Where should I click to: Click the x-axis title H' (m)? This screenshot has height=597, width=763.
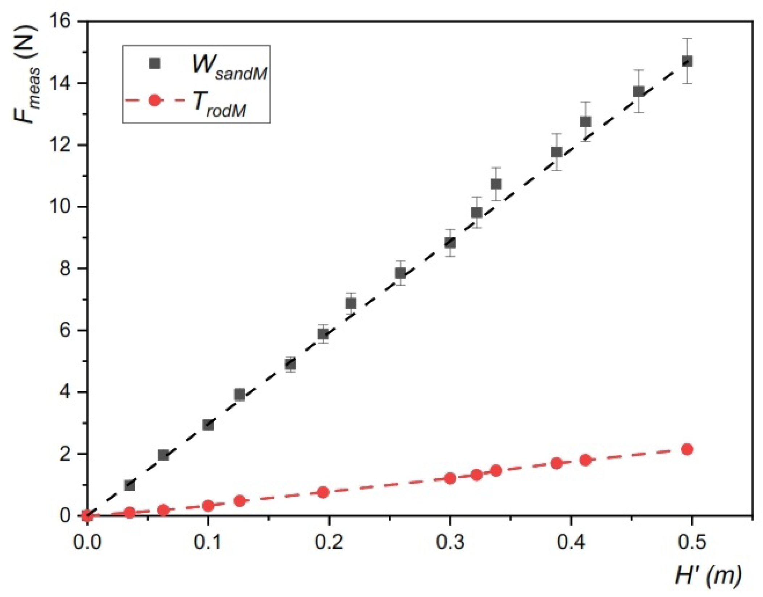pyautogui.click(x=708, y=576)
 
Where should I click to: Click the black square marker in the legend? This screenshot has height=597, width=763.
pyautogui.click(x=155, y=63)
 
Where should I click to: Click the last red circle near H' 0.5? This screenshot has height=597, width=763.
pyautogui.click(x=687, y=450)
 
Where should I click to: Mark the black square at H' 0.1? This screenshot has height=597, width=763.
pyautogui.click(x=208, y=425)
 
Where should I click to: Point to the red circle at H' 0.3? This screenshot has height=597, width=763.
pyautogui.click(x=450, y=479)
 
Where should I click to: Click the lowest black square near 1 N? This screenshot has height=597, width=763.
pyautogui.click(x=130, y=485)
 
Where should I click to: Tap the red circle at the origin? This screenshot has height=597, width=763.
pyautogui.click(x=87, y=515)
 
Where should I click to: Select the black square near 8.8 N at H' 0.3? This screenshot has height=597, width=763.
pyautogui.click(x=450, y=242)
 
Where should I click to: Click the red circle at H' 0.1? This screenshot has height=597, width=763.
pyautogui.click(x=208, y=506)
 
